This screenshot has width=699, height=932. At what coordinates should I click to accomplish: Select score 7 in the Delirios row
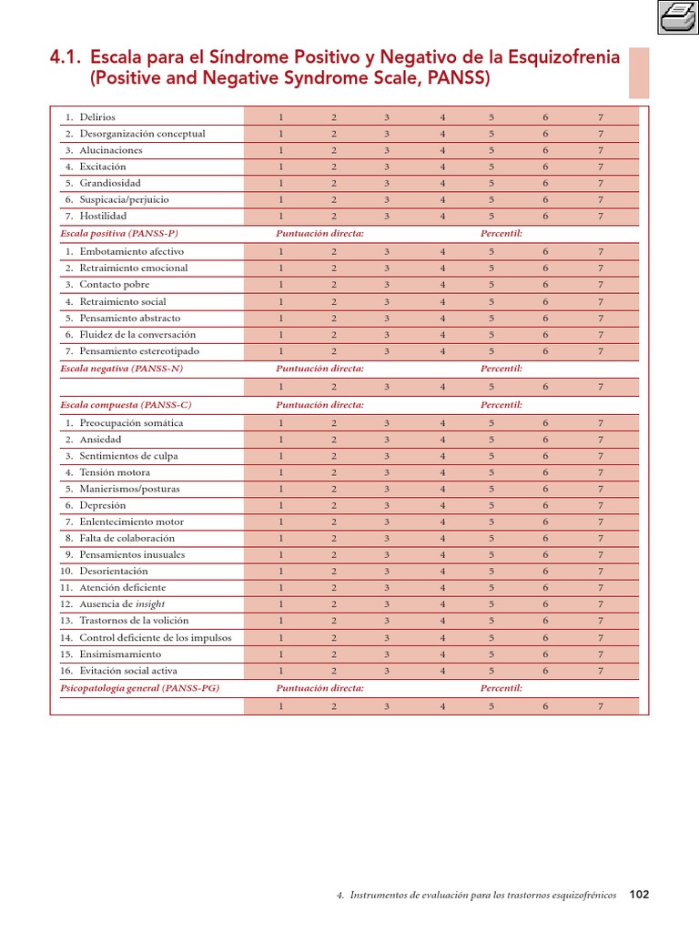click(x=601, y=117)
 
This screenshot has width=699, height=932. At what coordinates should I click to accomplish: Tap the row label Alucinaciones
click(x=111, y=150)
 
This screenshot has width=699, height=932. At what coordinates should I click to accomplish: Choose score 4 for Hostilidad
click(x=442, y=217)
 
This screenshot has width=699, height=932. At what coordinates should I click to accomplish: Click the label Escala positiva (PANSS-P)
click(x=118, y=233)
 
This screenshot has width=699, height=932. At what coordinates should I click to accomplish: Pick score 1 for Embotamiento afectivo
click(x=281, y=251)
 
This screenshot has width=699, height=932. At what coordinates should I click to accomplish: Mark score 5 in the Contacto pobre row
click(x=491, y=284)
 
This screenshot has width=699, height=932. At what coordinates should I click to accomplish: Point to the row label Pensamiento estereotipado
click(x=139, y=350)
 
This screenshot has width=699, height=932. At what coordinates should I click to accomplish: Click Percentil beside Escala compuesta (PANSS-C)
click(x=501, y=404)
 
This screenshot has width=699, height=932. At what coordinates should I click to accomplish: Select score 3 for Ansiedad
click(x=387, y=440)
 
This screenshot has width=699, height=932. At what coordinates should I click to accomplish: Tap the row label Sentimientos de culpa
click(x=128, y=456)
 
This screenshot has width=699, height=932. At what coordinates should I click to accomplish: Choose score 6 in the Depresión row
click(x=546, y=505)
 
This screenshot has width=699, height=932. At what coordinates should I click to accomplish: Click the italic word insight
click(x=150, y=604)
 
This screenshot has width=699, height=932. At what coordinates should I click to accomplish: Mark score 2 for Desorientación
click(x=334, y=572)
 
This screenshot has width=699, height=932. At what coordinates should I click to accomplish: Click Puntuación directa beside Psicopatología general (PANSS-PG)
click(x=319, y=688)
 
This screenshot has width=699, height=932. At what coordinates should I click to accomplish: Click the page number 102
click(x=640, y=895)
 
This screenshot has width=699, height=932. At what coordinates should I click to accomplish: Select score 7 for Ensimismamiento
click(x=601, y=654)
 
